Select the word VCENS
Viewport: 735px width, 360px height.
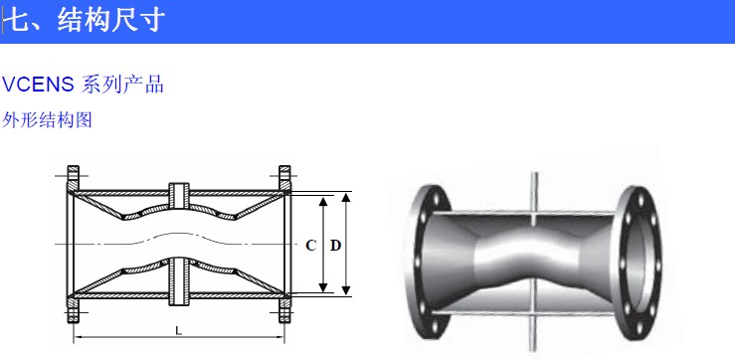coord(38,85)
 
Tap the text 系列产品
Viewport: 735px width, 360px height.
coord(122,85)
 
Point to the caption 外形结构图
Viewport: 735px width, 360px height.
coord(48,120)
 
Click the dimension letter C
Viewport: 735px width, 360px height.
coord(310,246)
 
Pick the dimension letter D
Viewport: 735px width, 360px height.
coord(335,246)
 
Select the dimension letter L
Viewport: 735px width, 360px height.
coord(179,330)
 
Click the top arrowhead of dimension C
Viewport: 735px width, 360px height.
coord(323,202)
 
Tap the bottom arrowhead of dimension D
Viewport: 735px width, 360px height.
coord(346,290)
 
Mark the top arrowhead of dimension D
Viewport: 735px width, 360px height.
coord(346,197)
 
